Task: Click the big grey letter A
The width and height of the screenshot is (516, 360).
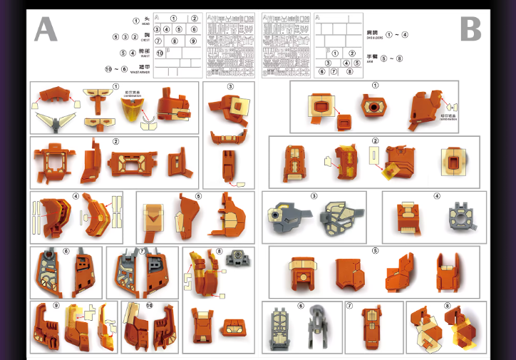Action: pyautogui.click(x=46, y=29)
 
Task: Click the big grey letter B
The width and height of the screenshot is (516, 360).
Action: pyautogui.click(x=470, y=29)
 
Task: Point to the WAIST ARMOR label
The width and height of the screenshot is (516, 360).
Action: pyautogui.click(x=143, y=72)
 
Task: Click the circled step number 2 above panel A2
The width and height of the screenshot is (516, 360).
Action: pyautogui.click(x=115, y=141)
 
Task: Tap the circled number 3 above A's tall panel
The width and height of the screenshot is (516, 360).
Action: pyautogui.click(x=230, y=87)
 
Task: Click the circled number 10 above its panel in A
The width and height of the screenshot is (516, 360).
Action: pyautogui.click(x=149, y=306)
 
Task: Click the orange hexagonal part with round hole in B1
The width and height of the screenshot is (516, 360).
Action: pyautogui.click(x=373, y=106)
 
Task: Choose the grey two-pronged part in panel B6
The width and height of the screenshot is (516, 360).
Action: pyautogui.click(x=318, y=328)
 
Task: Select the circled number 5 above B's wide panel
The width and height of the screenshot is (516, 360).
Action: pyautogui.click(x=375, y=251)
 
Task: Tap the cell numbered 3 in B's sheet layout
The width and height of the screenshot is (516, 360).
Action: pyautogui.click(x=329, y=63)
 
